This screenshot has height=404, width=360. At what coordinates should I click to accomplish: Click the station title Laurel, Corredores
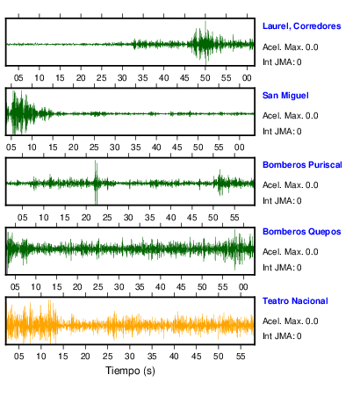coord(301,26)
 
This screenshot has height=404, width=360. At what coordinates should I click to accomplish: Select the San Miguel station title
coord(285,96)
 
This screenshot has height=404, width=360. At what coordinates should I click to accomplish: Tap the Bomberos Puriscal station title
coord(302,165)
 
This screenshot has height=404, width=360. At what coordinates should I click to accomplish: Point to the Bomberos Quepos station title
coord(301,232)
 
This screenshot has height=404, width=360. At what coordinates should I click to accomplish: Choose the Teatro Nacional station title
coord(295,301)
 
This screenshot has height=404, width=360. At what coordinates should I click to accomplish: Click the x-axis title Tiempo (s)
coord(130,371)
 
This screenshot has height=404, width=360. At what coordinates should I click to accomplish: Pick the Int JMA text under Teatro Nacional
coord(282,335)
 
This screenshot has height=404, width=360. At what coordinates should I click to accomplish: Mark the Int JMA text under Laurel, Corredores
coord(282,62)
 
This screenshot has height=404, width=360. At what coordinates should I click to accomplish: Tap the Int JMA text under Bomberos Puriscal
coord(282,201)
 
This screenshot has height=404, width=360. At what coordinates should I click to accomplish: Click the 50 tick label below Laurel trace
coord(205,78)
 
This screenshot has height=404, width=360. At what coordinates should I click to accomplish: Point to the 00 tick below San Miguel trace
coord(240,148)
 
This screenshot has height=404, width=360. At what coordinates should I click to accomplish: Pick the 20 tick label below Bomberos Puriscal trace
coord(86,218)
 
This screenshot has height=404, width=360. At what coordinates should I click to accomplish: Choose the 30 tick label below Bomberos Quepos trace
coord(119,287)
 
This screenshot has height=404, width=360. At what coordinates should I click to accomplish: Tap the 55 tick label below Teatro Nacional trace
coord(241,357)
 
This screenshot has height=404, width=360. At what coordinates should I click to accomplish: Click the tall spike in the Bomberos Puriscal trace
coord(96,182)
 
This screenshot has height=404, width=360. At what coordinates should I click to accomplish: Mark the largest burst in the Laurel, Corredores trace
coord(205,43)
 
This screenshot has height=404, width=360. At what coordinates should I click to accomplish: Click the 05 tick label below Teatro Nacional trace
coord(19,357)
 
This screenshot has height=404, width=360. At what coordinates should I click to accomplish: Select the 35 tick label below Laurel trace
coord(143,78)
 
